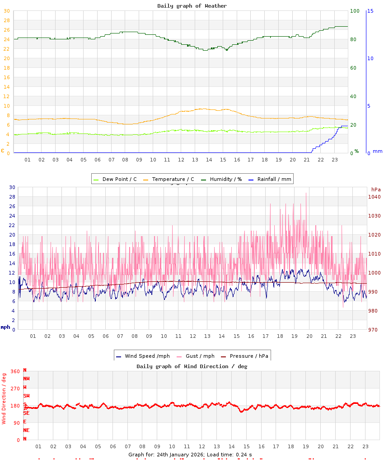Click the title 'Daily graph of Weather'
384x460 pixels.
[x=192, y=6]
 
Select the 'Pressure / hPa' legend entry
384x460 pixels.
[x=248, y=356]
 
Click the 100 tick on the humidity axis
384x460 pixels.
[x=355, y=11]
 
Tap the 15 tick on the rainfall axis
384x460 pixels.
[x=370, y=11]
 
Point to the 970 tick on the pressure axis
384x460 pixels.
[x=374, y=330]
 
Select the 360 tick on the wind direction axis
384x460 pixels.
[x=15, y=371]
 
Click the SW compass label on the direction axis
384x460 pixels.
[x=27, y=396]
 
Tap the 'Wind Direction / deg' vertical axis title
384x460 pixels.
[x=4, y=398]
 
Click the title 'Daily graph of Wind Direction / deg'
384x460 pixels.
[x=192, y=366]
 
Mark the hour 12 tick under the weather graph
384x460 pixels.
[x=181, y=160]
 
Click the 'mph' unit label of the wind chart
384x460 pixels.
[x=5, y=327]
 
